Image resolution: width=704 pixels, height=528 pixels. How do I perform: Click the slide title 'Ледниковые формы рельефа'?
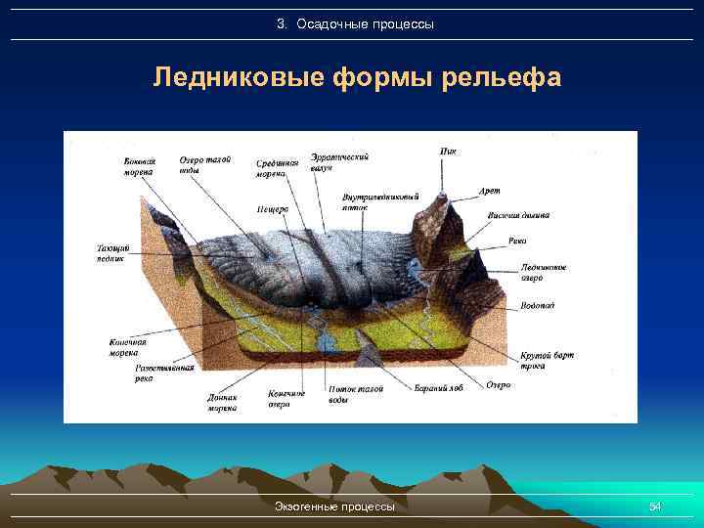pyautogui.click(x=357, y=77)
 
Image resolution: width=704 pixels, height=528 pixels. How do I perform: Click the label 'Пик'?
pyautogui.click(x=448, y=151)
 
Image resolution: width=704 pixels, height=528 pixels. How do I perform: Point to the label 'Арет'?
pyautogui.click(x=490, y=192)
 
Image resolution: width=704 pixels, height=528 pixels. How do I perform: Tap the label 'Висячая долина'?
pyautogui.click(x=518, y=216)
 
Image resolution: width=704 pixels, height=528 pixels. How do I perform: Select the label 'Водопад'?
pyautogui.click(x=538, y=305)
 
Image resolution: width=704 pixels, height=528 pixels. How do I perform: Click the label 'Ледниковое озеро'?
pyautogui.click(x=544, y=272)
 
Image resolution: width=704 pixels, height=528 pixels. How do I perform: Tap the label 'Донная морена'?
pyautogui.click(x=222, y=403)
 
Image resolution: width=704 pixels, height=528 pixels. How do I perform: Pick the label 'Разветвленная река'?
pyautogui.click(x=164, y=373)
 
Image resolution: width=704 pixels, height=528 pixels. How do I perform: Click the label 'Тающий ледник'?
pyautogui.click(x=111, y=252)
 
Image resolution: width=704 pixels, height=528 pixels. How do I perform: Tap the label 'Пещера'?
pyautogui.click(x=272, y=209)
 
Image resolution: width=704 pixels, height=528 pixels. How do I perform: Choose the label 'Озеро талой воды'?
pyautogui.click(x=204, y=164)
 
